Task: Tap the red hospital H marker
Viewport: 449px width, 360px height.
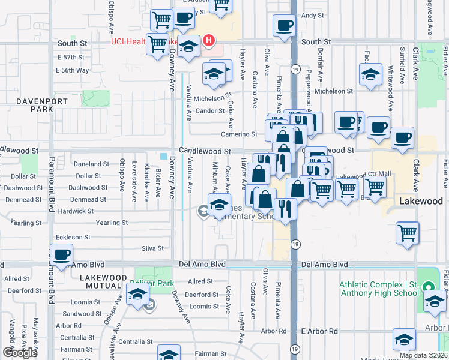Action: click(x=209, y=41)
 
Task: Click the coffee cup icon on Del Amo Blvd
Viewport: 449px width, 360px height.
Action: click(x=61, y=254)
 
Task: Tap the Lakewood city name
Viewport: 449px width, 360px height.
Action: click(x=421, y=202)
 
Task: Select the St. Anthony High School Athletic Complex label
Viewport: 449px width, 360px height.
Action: click(x=379, y=289)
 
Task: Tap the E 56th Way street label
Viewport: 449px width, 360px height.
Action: click(x=72, y=70)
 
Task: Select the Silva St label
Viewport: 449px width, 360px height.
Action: click(x=152, y=248)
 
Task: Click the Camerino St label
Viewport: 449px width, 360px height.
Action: click(x=239, y=134)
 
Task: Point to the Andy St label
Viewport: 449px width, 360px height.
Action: click(x=313, y=16)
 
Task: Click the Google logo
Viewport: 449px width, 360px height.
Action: click(x=20, y=353)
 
